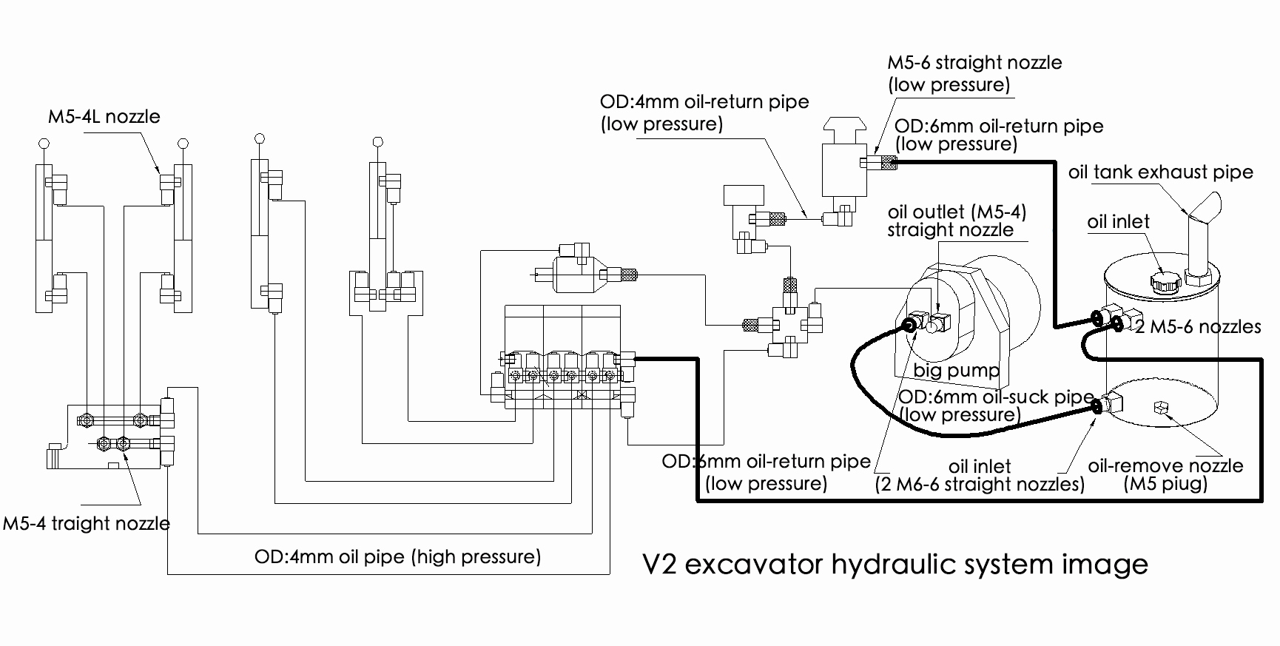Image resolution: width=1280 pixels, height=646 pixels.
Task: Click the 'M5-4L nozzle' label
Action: tap(104, 116)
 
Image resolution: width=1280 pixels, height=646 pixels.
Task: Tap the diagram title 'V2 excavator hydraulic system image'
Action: tap(895, 565)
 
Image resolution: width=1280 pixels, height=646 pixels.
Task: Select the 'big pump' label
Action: tap(956, 370)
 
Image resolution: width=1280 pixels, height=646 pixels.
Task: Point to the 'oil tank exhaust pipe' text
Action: tap(1160, 172)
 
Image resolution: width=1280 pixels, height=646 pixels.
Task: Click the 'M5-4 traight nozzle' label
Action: tap(87, 524)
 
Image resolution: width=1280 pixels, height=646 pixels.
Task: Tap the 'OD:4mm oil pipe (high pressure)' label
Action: tap(397, 556)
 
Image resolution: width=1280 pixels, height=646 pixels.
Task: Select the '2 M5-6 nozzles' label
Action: tap(1198, 326)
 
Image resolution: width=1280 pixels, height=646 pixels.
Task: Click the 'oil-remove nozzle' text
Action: tap(1165, 466)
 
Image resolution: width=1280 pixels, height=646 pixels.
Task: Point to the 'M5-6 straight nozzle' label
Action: tap(974, 62)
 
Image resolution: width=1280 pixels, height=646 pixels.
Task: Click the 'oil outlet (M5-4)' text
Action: tap(957, 212)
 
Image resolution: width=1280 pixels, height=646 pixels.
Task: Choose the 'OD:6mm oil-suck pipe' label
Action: tap(996, 397)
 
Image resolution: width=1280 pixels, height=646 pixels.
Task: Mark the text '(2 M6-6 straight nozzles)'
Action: tap(980, 485)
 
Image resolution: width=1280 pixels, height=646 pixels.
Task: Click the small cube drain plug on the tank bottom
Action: tap(1159, 406)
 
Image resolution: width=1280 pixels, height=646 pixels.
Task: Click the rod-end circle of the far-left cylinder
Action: tap(44, 144)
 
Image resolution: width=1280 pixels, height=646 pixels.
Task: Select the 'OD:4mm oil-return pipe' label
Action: tap(704, 101)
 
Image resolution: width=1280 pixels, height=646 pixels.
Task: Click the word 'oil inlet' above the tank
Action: tap(1119, 221)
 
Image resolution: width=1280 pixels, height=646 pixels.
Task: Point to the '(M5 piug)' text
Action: tap(1165, 485)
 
